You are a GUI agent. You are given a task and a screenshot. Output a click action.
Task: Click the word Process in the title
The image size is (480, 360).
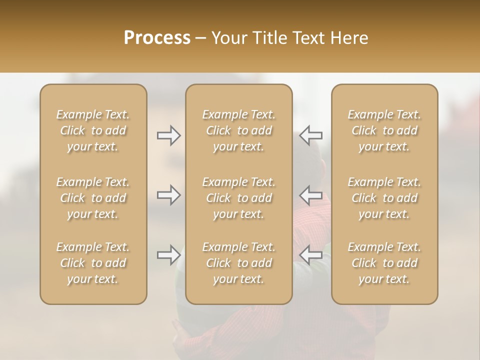coord(157,38)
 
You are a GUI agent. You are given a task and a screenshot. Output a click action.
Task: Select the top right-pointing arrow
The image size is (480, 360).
coord(168,135)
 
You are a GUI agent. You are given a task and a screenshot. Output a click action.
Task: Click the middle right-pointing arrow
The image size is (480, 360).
coord(168,195)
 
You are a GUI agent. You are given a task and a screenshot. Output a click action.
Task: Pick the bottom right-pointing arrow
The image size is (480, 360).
coord(168,255)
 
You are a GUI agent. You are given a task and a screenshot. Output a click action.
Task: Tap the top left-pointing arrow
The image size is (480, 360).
coord(311,135)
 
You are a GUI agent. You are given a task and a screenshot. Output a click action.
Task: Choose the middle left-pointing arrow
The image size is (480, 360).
coord(311,195)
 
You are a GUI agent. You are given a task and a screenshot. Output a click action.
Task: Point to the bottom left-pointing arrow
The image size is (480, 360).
coord(311,255)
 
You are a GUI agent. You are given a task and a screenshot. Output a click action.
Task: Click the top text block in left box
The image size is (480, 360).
coord(93,130)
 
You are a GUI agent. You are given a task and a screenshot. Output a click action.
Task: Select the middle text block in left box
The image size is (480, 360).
coord(93,198)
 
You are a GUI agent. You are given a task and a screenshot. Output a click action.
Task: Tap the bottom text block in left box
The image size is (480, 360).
coord(93,263)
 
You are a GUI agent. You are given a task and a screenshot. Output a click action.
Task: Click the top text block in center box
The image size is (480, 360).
coord(239,130)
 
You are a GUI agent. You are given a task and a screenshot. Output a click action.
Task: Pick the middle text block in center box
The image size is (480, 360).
coord(239,198)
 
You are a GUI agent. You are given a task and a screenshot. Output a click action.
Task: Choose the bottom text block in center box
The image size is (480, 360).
coord(239,263)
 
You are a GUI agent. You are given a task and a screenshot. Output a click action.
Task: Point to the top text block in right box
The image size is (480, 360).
coord(384,130)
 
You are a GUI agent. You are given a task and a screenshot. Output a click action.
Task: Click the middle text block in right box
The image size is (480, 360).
coord(384,198)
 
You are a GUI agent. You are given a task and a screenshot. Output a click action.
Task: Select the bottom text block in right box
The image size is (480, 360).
coord(384,263)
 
